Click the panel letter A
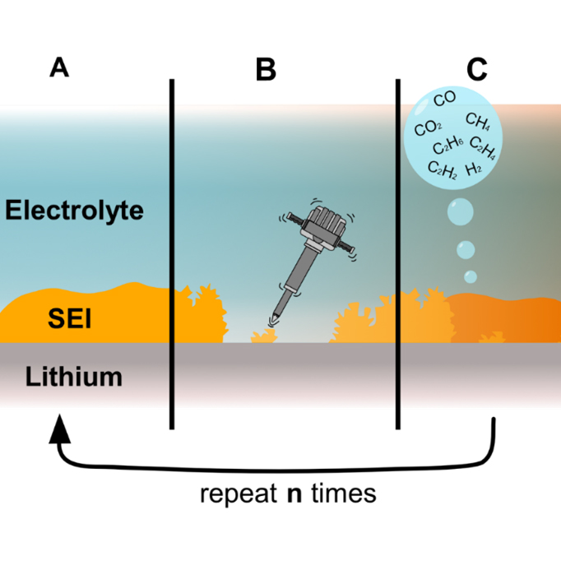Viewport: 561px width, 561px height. (x=58, y=67)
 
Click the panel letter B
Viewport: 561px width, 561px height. (x=266, y=70)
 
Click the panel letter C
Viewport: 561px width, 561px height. (x=476, y=70)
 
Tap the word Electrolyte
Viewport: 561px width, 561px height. (x=75, y=211)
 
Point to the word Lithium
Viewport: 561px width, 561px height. (x=74, y=378)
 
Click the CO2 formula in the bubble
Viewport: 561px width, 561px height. (x=428, y=128)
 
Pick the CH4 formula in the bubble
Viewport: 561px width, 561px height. (x=479, y=122)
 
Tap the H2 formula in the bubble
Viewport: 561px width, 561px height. (x=474, y=169)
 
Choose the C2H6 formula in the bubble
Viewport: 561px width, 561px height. (x=448, y=148)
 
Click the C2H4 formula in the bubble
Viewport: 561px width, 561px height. (x=483, y=151)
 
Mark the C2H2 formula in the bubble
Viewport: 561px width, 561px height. (x=443, y=170)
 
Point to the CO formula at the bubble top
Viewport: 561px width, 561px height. (x=444, y=100)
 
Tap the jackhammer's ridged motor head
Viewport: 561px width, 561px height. (x=322, y=220)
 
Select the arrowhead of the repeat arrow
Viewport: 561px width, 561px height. (x=58, y=429)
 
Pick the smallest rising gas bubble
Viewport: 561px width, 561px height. (x=470, y=276)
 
